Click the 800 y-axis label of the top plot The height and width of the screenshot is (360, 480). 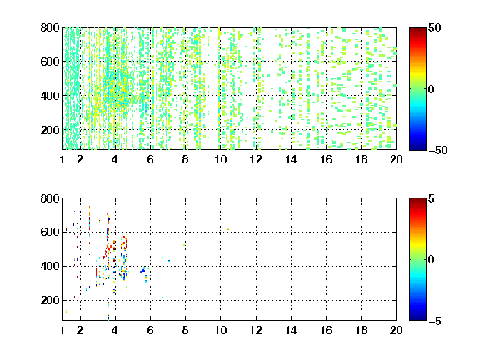[50, 27]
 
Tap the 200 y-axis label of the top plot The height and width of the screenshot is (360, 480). [50, 130]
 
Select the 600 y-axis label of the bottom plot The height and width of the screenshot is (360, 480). [50, 232]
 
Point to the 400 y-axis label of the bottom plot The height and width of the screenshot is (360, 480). [50, 266]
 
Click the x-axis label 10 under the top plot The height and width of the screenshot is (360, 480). [220, 159]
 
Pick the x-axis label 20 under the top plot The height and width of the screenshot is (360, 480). [396, 159]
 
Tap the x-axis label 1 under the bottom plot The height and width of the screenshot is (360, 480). [62, 330]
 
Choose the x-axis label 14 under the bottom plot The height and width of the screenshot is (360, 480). [291, 330]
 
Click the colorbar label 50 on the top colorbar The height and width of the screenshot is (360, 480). [434, 27]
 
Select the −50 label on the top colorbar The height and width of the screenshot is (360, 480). [437, 150]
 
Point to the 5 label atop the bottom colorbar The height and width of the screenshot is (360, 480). [432, 198]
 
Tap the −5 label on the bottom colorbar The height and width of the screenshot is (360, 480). [435, 321]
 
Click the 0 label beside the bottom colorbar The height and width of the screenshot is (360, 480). [431, 260]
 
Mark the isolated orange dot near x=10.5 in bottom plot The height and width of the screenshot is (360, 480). [228, 229]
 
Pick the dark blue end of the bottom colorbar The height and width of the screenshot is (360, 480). [417, 318]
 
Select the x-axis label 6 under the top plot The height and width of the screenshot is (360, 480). [150, 159]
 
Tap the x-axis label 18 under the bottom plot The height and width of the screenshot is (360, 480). [361, 330]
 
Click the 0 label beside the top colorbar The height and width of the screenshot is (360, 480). [431, 89]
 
